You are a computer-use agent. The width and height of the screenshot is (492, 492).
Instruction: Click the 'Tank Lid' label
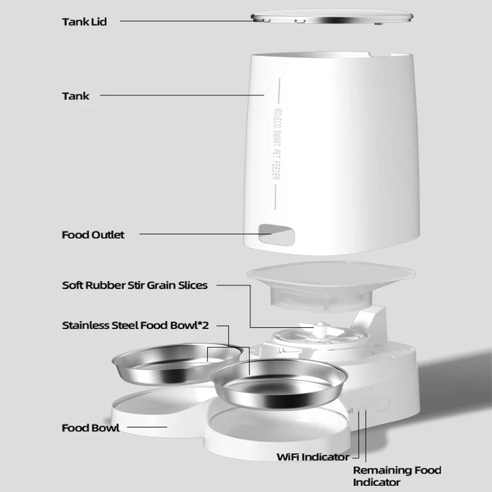[x=84, y=21]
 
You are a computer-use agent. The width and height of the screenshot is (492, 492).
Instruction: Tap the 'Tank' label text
[x=75, y=96]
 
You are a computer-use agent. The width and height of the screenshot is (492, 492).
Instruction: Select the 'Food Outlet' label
[x=93, y=235]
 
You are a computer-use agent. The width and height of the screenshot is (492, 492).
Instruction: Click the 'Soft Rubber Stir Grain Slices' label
[x=134, y=285]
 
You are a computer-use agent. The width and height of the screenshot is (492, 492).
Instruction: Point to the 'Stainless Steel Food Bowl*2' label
[x=136, y=326]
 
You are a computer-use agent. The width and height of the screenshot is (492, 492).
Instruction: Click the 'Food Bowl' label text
[x=90, y=428]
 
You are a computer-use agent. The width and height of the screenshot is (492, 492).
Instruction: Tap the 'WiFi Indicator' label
[x=312, y=457]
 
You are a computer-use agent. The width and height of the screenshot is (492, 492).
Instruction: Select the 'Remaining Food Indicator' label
[x=396, y=476]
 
